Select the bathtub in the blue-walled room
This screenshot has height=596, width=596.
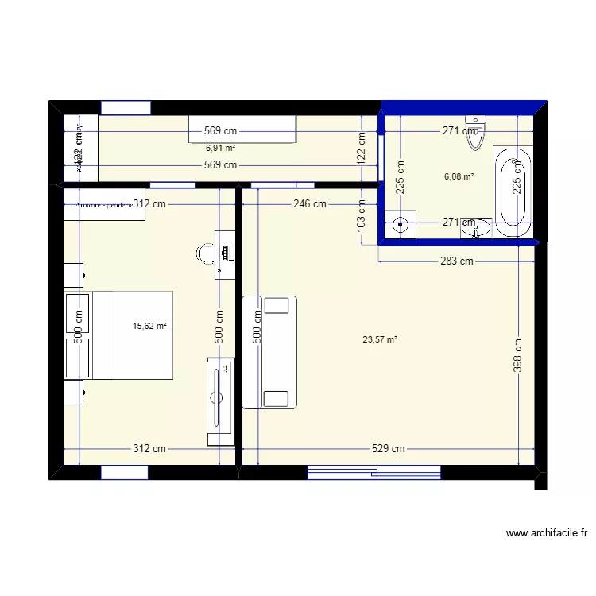[x=513, y=192]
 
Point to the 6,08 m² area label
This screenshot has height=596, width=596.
[x=459, y=177]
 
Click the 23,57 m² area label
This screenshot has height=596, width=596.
[x=380, y=339]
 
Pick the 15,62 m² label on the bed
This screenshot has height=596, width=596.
[x=149, y=326]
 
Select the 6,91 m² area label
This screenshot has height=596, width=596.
[x=220, y=148]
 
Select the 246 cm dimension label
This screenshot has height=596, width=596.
[x=309, y=204]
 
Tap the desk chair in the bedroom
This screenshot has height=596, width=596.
[x=206, y=253]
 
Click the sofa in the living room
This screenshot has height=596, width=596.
[x=269, y=351]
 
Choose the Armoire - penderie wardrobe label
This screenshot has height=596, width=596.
[x=104, y=204]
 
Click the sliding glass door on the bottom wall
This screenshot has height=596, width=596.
[x=373, y=473]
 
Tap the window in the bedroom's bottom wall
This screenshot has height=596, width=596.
[x=125, y=473]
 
